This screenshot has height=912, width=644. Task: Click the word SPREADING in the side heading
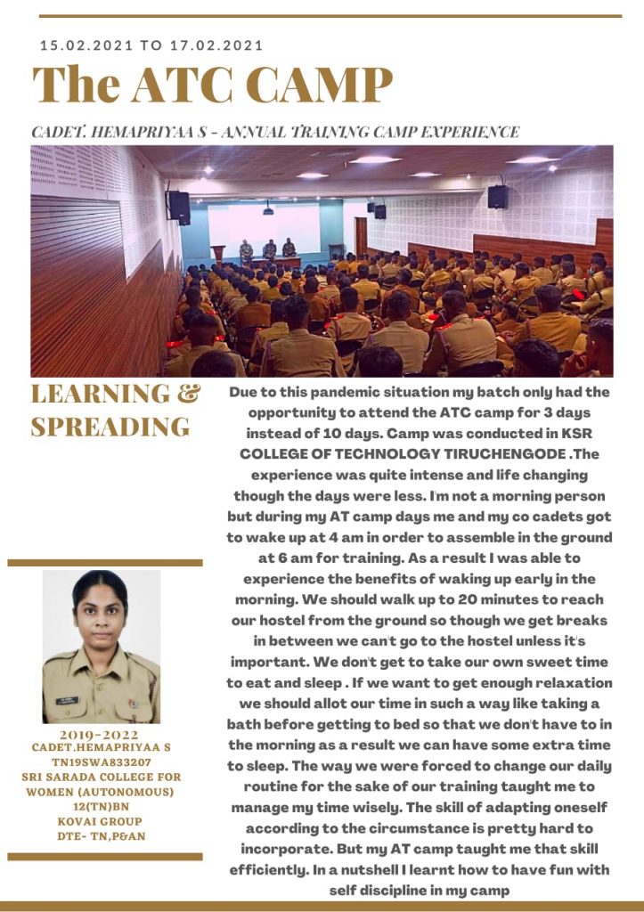[x=110, y=427]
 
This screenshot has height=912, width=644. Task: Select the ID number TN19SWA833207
[x=101, y=763]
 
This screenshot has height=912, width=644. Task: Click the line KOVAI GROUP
[x=101, y=820]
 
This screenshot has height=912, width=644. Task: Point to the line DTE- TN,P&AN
[x=101, y=835]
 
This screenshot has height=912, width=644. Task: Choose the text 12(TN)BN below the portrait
[x=101, y=806]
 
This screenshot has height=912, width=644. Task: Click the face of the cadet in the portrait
[x=101, y=615]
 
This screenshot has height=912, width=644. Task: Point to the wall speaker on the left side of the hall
[x=178, y=207]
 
